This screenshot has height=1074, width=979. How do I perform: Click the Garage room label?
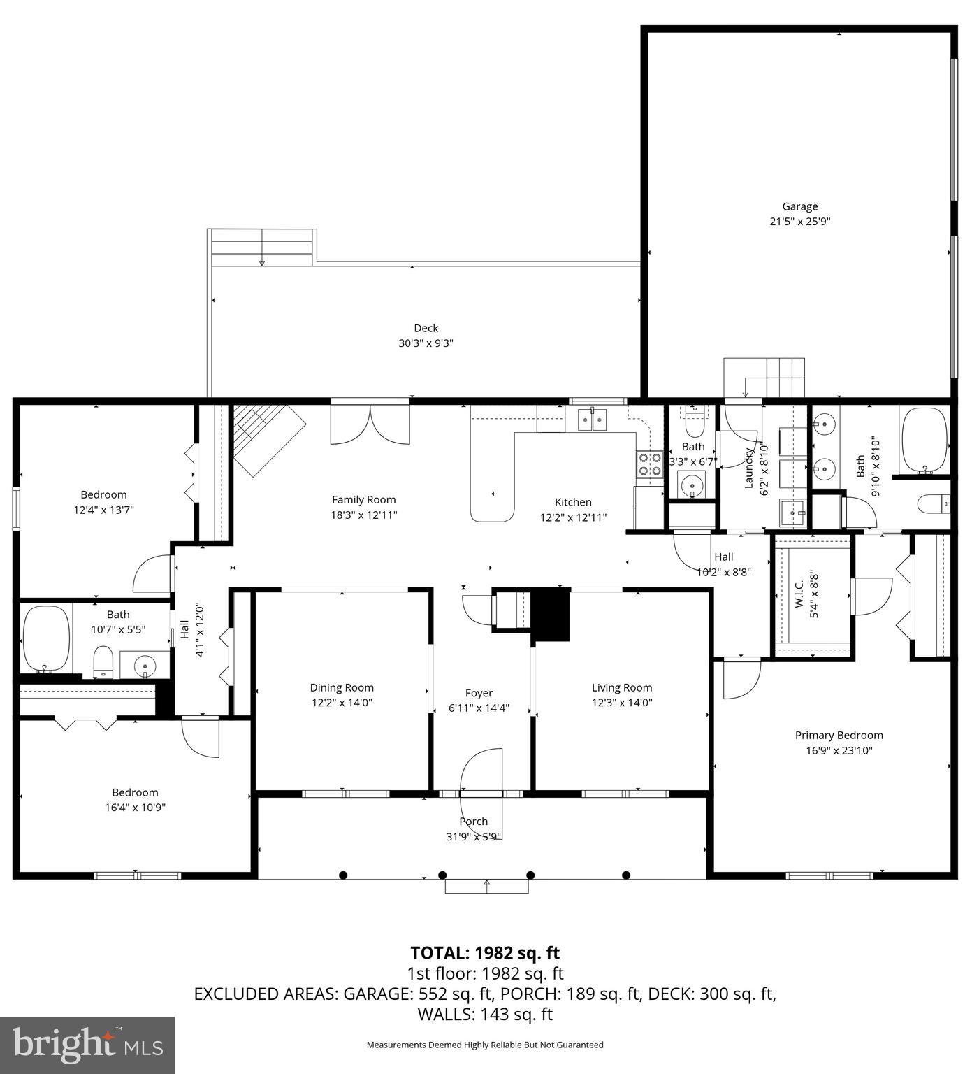pos(799,206)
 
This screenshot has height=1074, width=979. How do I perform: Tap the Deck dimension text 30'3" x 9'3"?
pos(426,343)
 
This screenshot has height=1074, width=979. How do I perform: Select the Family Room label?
pos(363,499)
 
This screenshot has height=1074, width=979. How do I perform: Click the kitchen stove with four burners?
pos(649,464)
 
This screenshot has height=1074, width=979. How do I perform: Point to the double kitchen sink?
pos(592,419)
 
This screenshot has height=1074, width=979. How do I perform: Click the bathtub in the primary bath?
pos(924,441)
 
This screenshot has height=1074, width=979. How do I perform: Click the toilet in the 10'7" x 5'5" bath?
pos(103,661)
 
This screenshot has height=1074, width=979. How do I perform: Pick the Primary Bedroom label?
pos(839,735)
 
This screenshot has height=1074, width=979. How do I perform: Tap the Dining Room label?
pos(342,687)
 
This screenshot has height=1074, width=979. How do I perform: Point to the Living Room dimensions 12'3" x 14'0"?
pos(621,703)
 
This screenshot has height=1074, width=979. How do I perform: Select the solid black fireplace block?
pos(551,615)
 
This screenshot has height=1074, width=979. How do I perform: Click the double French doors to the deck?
pos(370,424)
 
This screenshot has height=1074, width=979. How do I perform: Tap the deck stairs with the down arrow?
pos(262,248)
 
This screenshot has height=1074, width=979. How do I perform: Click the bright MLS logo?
pos(87,1045)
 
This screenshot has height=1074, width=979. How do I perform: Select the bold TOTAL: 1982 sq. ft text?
pos(484,953)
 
